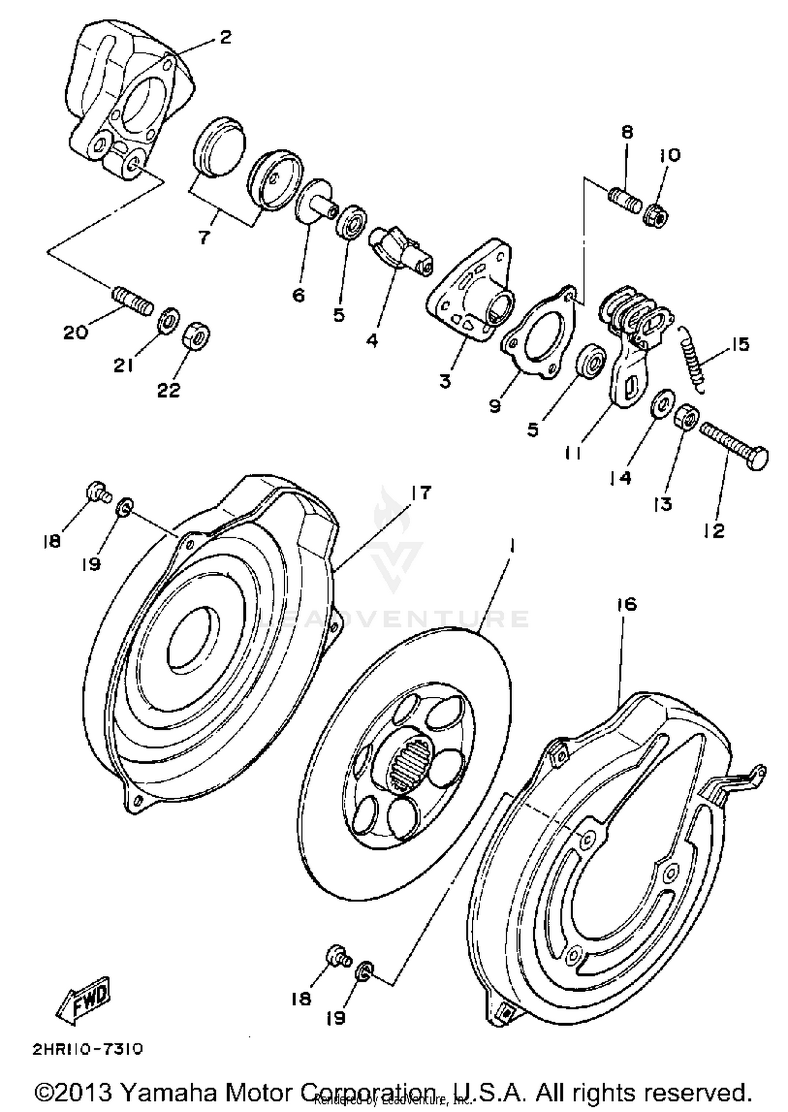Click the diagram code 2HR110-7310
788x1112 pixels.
pos(88,1049)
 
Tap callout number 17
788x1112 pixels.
pos(421,493)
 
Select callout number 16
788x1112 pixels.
pos(623,604)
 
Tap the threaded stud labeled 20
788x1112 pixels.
pos(133,301)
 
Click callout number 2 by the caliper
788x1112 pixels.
pos(225,38)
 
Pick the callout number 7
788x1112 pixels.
pos(204,238)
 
